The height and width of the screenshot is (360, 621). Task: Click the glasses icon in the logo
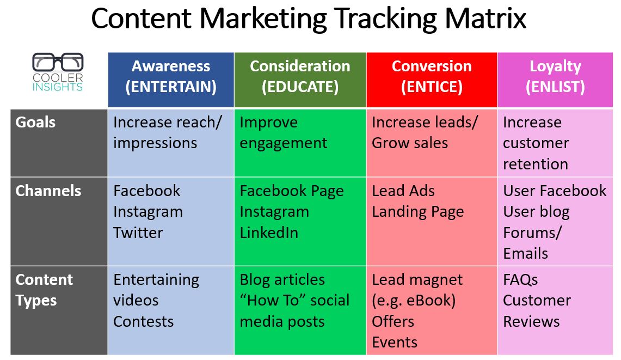pyautogui.click(x=58, y=62)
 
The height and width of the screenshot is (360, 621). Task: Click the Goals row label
pyautogui.click(x=35, y=122)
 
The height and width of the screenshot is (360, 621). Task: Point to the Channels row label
pyautogui.click(x=48, y=191)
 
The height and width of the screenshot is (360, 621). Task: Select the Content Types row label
pyautogui.click(x=44, y=290)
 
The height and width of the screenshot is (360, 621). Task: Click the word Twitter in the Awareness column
pyautogui.click(x=138, y=233)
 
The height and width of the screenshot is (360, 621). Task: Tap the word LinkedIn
pyautogui.click(x=269, y=233)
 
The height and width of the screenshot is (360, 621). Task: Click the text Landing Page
pyautogui.click(x=417, y=212)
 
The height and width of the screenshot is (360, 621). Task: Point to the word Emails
pyautogui.click(x=526, y=253)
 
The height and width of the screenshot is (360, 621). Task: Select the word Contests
pyautogui.click(x=143, y=321)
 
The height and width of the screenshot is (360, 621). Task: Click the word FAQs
pyautogui.click(x=520, y=280)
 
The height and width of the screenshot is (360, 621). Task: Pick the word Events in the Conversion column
pyautogui.click(x=395, y=342)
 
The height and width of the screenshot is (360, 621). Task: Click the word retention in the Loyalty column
pyautogui.click(x=536, y=164)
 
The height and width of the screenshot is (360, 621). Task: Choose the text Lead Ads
pyautogui.click(x=403, y=191)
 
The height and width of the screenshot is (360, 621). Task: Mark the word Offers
pyautogui.click(x=393, y=321)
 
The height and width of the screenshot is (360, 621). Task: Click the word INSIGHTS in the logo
pyautogui.click(x=58, y=87)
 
